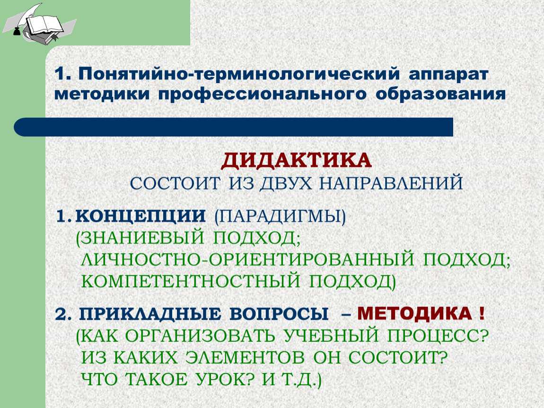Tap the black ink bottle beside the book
[x=16, y=31]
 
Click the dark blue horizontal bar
[x=234, y=127]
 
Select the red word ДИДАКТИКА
[x=296, y=161]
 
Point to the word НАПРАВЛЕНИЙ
[x=391, y=183]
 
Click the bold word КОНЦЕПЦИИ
[x=140, y=216]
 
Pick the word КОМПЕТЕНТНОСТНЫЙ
[x=191, y=281]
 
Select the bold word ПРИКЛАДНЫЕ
[x=150, y=314]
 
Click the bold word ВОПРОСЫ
[x=279, y=314]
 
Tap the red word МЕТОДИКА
[x=414, y=314]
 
